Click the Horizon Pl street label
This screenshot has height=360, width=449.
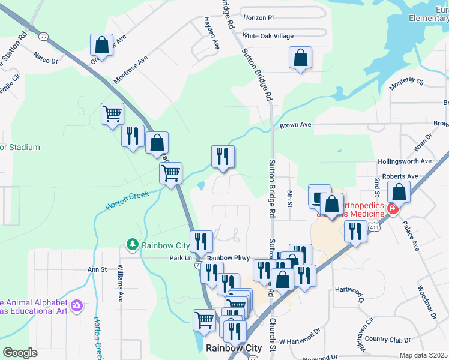258,18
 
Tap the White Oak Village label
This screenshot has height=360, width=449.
268,36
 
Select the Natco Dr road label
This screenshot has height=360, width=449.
46,60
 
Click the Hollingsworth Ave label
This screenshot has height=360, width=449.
405,161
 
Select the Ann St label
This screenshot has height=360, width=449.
97,269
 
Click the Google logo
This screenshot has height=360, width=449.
20,353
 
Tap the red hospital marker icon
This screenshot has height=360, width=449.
392,209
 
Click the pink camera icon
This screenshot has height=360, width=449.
76,307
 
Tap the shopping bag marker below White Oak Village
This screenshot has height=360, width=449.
300,58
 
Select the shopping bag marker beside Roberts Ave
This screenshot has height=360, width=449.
399,193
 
